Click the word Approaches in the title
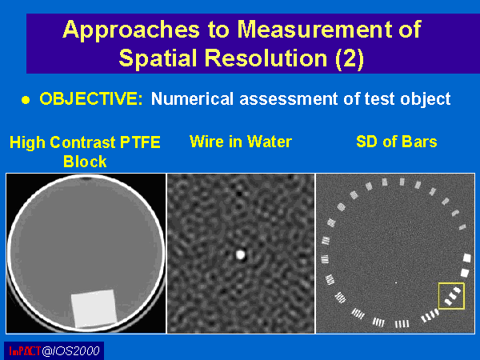click(x=131, y=30)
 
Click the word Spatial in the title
click(x=158, y=58)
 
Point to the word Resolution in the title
click(x=266, y=58)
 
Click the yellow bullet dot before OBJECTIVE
click(x=26, y=100)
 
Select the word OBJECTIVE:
click(x=91, y=98)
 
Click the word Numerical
click(x=192, y=99)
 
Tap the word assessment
click(x=290, y=99)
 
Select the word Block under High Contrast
click(x=85, y=162)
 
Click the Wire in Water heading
click(x=241, y=142)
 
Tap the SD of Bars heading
click(x=397, y=142)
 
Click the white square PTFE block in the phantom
click(x=94, y=309)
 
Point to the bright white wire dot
click(x=241, y=254)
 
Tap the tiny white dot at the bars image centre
click(x=396, y=283)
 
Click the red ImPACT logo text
click(x=25, y=351)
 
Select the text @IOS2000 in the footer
click(x=70, y=351)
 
